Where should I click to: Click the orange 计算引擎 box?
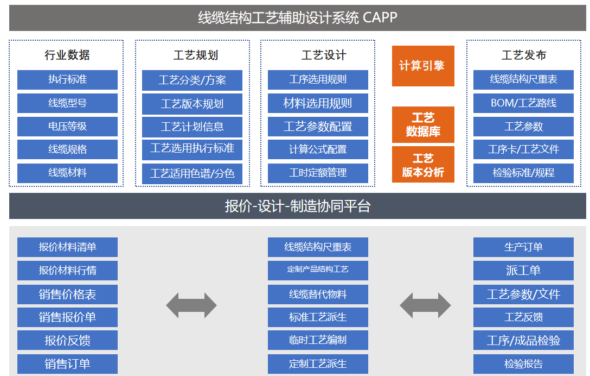point(423,66)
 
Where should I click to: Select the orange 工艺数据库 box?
point(423,124)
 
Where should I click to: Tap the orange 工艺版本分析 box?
point(423,165)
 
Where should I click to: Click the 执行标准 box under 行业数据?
point(67,79)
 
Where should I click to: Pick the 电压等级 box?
point(67,126)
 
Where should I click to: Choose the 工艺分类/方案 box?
point(192,80)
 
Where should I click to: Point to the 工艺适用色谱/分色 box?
point(192,173)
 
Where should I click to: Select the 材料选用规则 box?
point(318,103)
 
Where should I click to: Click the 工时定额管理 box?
point(318,173)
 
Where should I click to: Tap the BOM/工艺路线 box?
point(523,103)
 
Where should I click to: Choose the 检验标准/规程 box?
point(523,173)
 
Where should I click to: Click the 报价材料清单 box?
point(67,247)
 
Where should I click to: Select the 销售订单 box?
point(67,364)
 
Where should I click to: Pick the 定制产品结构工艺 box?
point(318,270)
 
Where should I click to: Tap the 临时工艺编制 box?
point(318,340)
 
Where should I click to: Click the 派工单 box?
point(523,270)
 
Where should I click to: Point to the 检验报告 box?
point(523,364)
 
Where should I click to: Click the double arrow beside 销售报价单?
point(191,305)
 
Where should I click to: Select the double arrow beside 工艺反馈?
point(425,305)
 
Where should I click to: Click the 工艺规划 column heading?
point(192,55)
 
